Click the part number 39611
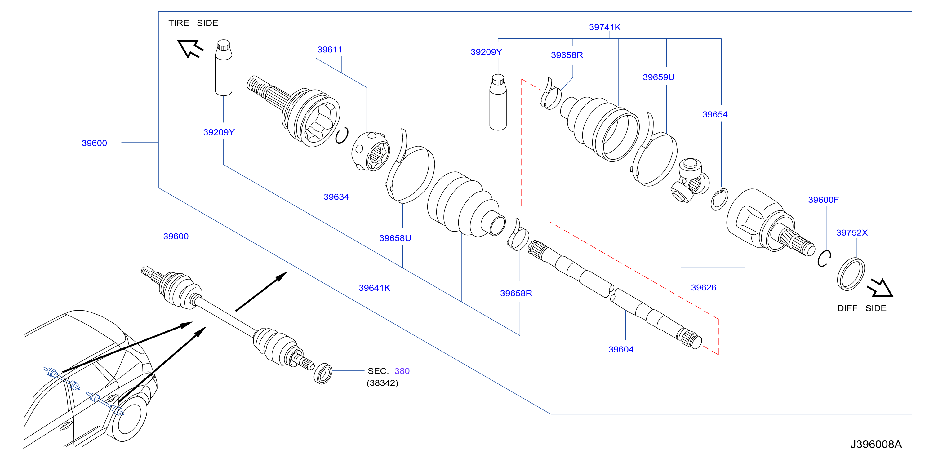pyautogui.click(x=330, y=50)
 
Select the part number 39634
pyautogui.click(x=336, y=197)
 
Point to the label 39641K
pyautogui.click(x=374, y=288)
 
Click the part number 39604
pyautogui.click(x=621, y=349)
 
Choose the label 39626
pyautogui.click(x=704, y=288)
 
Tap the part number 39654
pyautogui.click(x=715, y=114)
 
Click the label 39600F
pyautogui.click(x=823, y=200)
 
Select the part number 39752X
pyautogui.click(x=852, y=232)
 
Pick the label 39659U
pyautogui.click(x=658, y=77)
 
